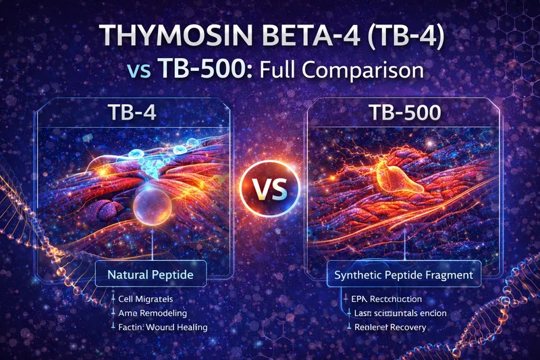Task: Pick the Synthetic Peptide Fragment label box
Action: (x=403, y=275)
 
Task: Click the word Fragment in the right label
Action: (x=448, y=275)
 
